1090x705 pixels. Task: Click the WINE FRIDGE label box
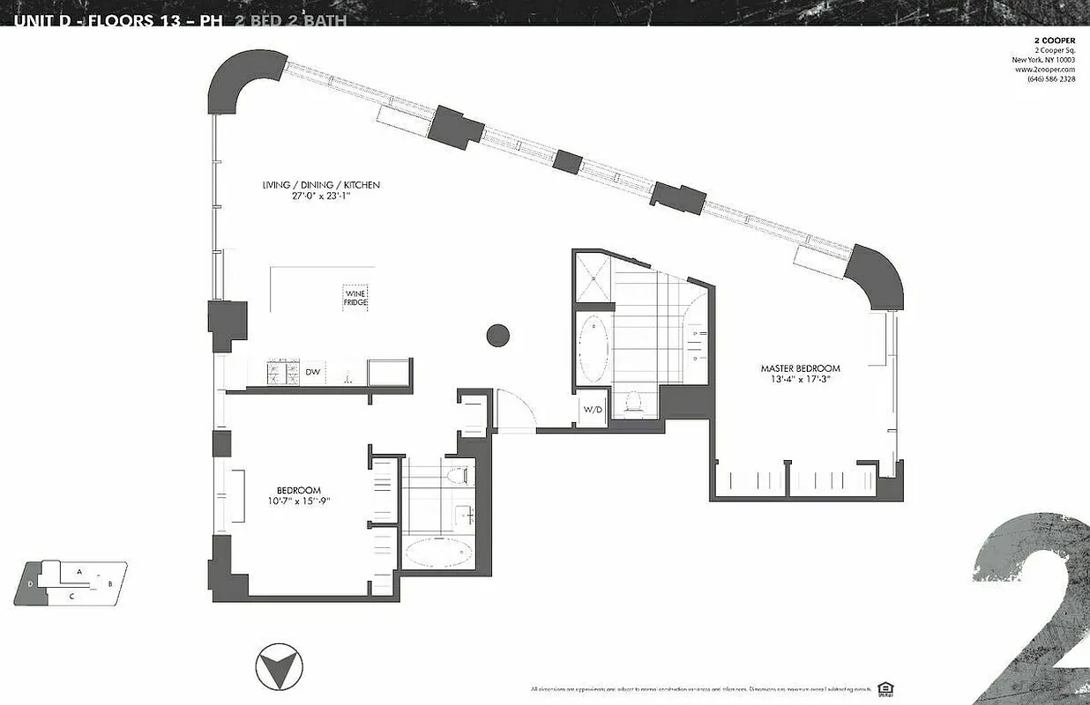click(355, 297)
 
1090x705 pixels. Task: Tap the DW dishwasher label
click(312, 373)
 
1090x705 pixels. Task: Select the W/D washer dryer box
click(592, 410)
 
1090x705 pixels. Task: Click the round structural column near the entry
click(498, 335)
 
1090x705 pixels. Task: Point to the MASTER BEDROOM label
click(800, 368)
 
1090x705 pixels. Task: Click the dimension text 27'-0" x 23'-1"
click(320, 197)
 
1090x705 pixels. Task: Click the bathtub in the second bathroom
click(438, 553)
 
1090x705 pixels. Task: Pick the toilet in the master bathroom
click(631, 403)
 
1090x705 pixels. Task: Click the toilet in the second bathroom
click(455, 477)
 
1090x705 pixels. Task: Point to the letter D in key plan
click(30, 583)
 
